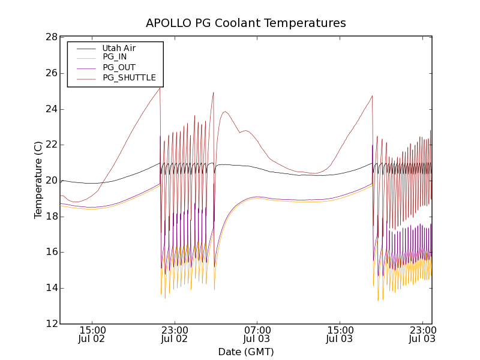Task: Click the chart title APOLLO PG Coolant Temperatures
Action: point(246,23)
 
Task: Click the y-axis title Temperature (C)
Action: point(38,180)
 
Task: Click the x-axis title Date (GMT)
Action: point(246,352)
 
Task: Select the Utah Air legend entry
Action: point(119,48)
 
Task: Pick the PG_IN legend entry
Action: point(115,57)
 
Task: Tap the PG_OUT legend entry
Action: point(119,67)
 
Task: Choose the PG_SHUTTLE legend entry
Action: point(129,77)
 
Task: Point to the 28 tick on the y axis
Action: point(50,37)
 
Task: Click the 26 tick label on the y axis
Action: point(50,73)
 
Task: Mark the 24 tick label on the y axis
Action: point(50,109)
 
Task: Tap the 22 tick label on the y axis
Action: point(50,145)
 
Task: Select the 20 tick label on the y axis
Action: point(50,181)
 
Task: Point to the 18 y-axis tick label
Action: point(50,217)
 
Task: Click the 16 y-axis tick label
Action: point(50,252)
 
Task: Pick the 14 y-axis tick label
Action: point(50,288)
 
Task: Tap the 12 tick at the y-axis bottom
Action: point(50,324)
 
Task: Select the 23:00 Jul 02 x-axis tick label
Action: point(175,335)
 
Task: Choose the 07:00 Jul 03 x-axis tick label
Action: point(257,335)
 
